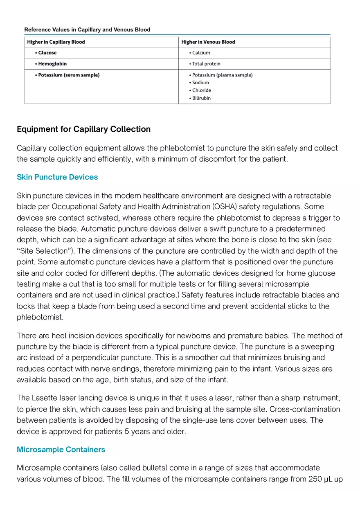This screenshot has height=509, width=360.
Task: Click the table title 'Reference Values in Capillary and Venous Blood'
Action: (x=87, y=29)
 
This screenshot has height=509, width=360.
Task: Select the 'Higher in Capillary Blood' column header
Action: (x=56, y=42)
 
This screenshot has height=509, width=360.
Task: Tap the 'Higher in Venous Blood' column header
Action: (x=208, y=42)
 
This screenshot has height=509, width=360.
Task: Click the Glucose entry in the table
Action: (x=47, y=53)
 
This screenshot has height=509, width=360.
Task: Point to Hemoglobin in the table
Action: (x=52, y=64)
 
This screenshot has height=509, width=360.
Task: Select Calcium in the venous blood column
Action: (x=201, y=53)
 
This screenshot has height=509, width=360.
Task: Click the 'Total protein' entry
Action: (x=206, y=64)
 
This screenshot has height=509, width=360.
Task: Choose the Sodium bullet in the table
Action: (x=200, y=83)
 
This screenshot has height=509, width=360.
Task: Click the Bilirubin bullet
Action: (x=201, y=98)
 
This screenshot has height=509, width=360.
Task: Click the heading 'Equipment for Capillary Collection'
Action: (x=83, y=129)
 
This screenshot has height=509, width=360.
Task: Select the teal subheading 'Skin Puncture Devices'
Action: (x=57, y=177)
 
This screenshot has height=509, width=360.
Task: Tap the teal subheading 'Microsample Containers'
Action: (x=61, y=450)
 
